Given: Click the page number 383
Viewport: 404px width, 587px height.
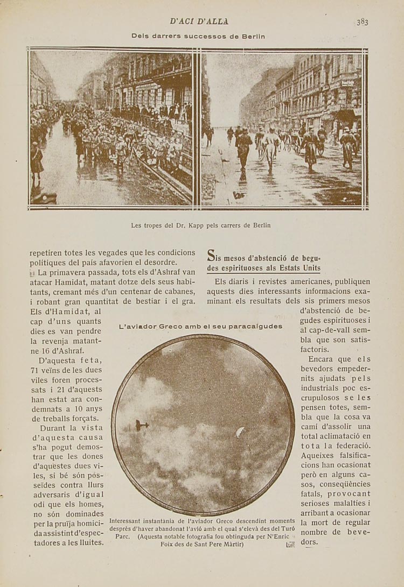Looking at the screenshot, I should [362, 22].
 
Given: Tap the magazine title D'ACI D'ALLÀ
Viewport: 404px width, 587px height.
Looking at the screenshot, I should [199, 22].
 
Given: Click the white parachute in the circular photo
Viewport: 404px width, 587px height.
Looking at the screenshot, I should [240, 432].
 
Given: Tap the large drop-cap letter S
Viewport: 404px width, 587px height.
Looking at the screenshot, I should [212, 257].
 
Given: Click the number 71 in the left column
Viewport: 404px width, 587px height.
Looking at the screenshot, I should [36, 370].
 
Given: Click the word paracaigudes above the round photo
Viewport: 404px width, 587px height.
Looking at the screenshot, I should [255, 326].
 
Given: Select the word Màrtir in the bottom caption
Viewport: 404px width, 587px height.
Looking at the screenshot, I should [231, 544].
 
